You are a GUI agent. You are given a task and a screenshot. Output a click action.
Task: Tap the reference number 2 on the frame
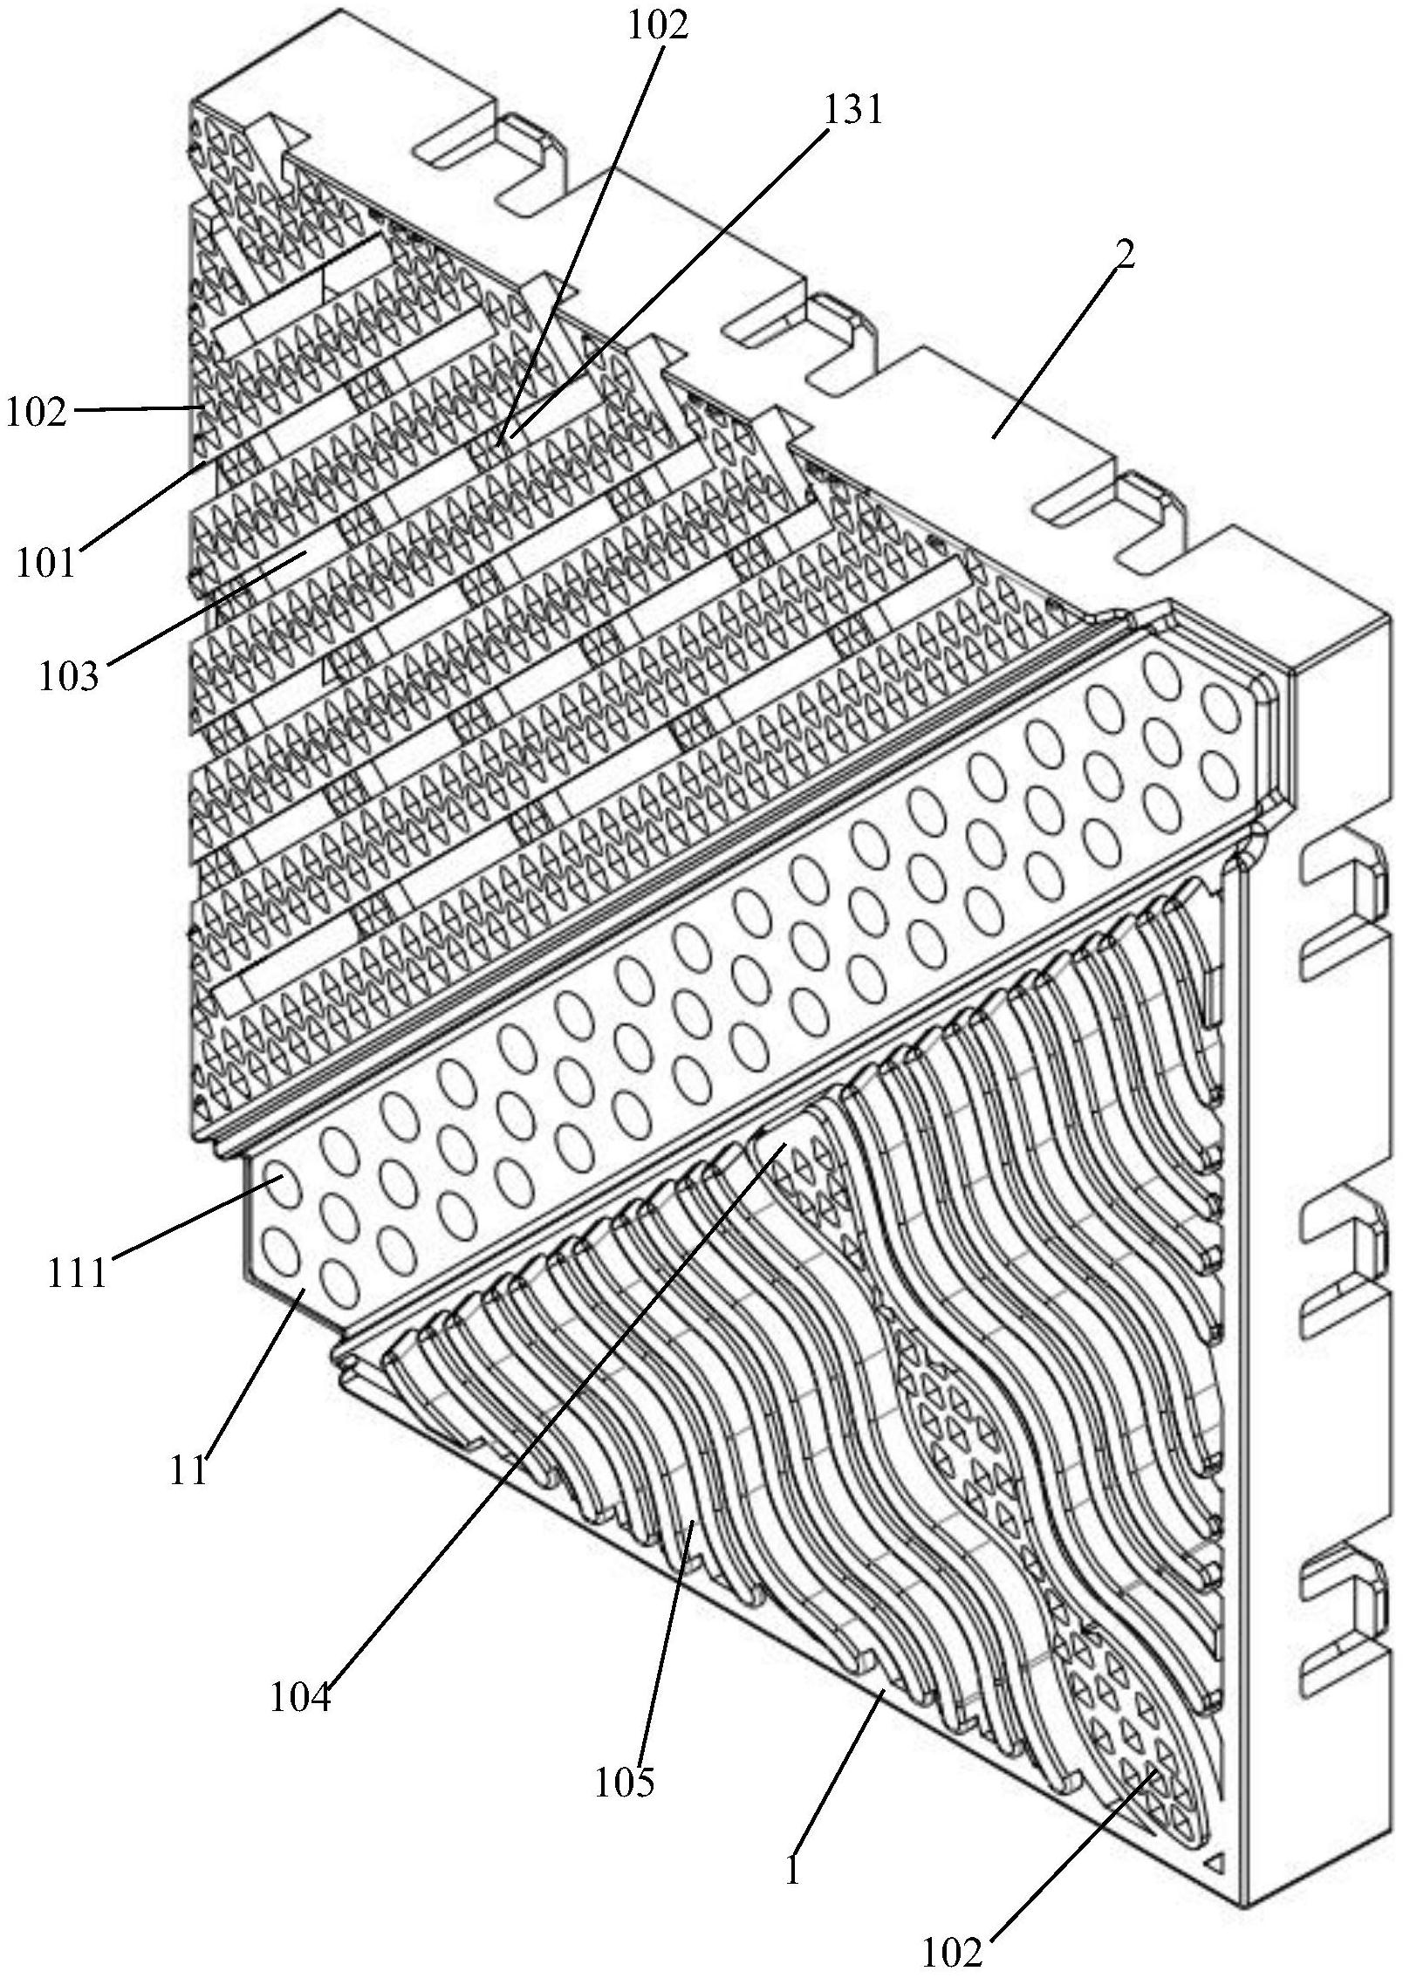coord(1126,254)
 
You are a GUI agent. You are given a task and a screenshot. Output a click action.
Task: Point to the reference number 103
coord(69,675)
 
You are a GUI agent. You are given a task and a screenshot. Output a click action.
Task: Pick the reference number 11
coord(188,1470)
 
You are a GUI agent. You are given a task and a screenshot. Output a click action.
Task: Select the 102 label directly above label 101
coord(36,412)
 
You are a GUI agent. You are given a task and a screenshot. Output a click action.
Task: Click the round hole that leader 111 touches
coord(283,1186)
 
